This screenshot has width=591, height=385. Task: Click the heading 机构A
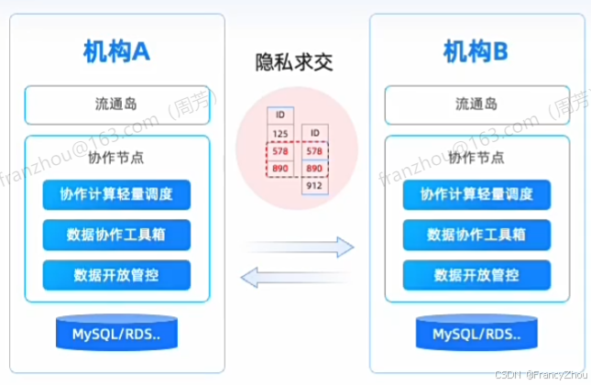[115, 54]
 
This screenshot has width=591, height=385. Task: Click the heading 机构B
[474, 54]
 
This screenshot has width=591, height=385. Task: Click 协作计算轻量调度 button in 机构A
[115, 194]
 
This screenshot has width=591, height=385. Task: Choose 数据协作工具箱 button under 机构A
[115, 234]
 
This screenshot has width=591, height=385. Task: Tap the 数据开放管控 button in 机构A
[115, 274]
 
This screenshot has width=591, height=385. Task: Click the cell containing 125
[280, 134]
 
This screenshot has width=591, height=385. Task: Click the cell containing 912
[314, 186]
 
